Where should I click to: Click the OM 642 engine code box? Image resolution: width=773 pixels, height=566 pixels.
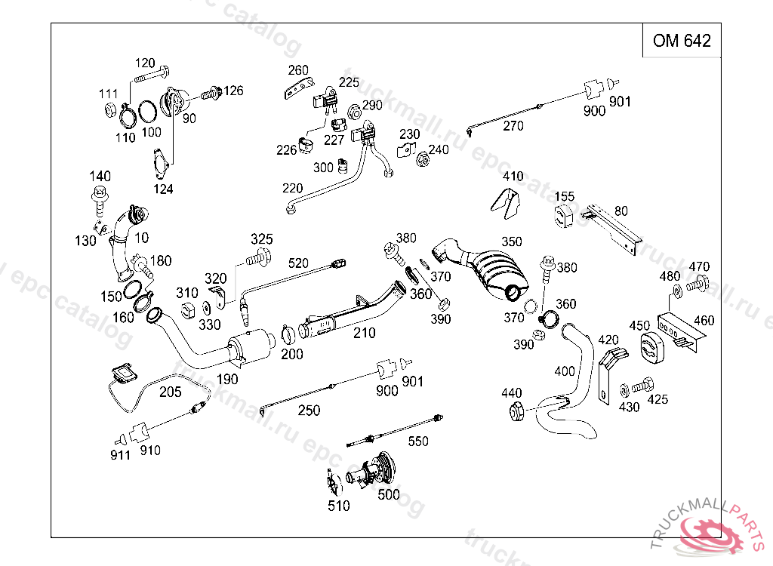click(682, 40)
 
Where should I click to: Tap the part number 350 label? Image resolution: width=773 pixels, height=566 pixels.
click(511, 241)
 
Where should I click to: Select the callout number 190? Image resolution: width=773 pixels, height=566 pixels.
click(226, 379)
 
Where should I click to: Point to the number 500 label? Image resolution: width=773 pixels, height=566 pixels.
click(389, 494)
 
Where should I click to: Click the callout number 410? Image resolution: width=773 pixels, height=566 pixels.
click(513, 176)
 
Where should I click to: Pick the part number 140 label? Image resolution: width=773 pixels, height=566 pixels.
click(100, 176)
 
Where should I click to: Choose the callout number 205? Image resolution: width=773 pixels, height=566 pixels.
click(170, 392)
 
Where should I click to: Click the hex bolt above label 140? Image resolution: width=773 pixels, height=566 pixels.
click(100, 201)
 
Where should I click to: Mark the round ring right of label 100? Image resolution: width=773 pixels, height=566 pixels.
click(147, 112)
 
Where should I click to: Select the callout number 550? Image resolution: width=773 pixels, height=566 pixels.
click(418, 441)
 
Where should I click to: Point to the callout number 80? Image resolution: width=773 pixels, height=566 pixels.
click(621, 211)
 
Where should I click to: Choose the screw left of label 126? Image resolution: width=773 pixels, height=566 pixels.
click(211, 93)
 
